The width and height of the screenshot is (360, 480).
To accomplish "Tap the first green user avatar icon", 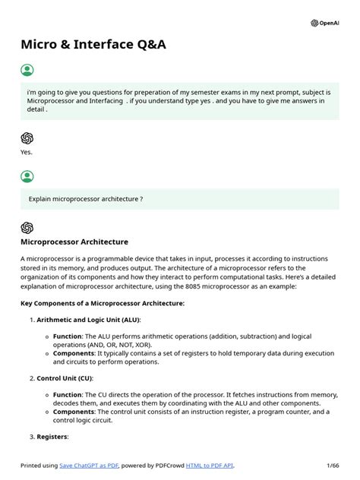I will tap(27, 71).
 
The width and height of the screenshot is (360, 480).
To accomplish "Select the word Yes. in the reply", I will tap(27, 151).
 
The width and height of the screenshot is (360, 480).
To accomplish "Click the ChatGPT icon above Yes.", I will tap(27, 137).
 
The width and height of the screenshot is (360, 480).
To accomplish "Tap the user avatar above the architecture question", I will tap(27, 177).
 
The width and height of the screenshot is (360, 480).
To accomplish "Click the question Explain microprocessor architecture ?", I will tap(86, 199).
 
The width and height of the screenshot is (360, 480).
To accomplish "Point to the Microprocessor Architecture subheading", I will tap(74, 242).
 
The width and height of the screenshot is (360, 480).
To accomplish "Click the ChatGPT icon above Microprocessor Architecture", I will tap(27, 227).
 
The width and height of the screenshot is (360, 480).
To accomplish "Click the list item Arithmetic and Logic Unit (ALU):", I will tap(94, 320).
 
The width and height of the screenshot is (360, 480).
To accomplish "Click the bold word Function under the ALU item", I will tap(67, 335).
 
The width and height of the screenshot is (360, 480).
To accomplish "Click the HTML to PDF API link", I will tap(210, 466).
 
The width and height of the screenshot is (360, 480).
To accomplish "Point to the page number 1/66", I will tap(333, 466).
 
